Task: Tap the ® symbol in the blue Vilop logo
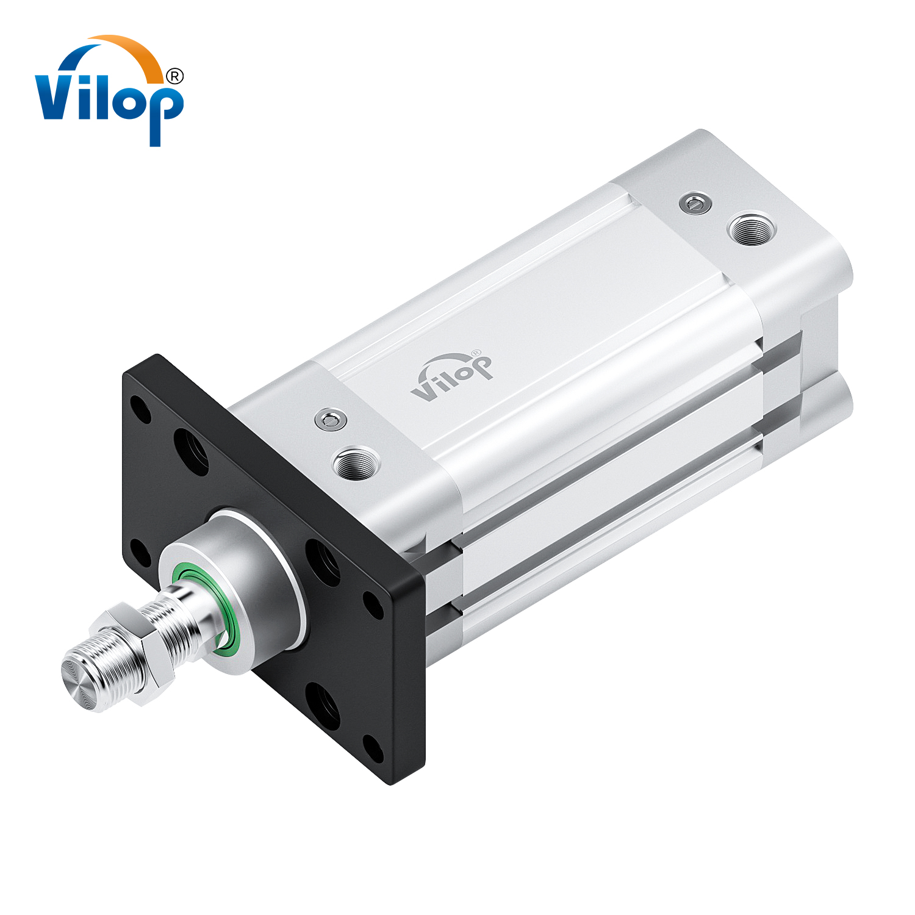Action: (x=174, y=76)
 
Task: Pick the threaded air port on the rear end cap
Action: (x=752, y=229)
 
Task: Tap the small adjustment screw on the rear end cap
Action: (x=695, y=203)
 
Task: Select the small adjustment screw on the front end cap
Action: (x=331, y=420)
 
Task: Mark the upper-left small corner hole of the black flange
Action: (x=142, y=410)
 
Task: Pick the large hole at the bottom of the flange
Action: (x=323, y=706)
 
